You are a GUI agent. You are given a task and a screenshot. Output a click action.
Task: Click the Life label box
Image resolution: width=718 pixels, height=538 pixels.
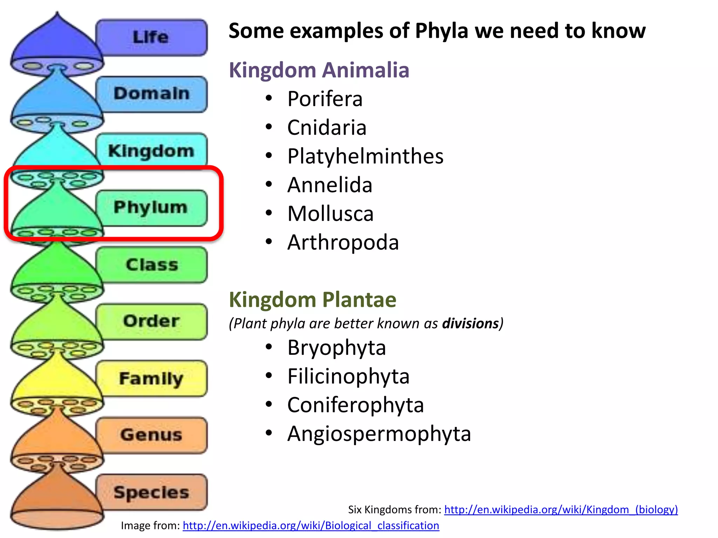(x=151, y=37)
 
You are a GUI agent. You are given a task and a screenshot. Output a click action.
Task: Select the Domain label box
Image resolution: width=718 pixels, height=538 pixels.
(x=151, y=94)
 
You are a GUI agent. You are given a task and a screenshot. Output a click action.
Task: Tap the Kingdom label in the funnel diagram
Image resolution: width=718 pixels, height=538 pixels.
(x=151, y=151)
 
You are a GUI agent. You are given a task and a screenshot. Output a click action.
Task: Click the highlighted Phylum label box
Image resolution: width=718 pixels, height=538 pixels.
(x=151, y=207)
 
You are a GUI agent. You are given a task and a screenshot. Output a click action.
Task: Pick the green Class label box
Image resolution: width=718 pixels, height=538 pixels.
(x=151, y=264)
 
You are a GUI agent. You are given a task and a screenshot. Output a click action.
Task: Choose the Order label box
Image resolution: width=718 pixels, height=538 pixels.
(x=151, y=321)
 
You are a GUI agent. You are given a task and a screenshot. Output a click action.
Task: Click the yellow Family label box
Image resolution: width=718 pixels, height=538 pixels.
(x=151, y=378)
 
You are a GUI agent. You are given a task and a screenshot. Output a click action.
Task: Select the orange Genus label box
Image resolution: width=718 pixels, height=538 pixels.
(x=151, y=435)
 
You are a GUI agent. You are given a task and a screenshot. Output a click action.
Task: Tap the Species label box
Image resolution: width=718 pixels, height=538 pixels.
(x=151, y=492)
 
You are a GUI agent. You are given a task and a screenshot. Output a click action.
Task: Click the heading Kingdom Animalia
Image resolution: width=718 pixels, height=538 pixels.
(x=319, y=70)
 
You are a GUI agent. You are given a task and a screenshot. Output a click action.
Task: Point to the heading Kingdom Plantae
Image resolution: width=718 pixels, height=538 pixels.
(x=312, y=300)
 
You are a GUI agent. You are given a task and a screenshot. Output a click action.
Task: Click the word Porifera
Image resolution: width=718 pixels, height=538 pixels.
(x=325, y=99)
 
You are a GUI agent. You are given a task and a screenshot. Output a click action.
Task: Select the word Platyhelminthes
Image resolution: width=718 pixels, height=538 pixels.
(x=365, y=156)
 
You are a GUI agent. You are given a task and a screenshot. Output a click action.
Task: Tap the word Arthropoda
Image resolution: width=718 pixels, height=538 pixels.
(x=343, y=242)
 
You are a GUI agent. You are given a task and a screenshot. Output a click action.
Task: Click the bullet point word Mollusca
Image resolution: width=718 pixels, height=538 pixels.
(x=330, y=214)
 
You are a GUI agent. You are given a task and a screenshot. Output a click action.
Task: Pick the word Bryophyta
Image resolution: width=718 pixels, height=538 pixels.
(x=337, y=348)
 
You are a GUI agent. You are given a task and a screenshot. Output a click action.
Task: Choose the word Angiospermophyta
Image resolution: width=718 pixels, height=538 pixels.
(x=379, y=434)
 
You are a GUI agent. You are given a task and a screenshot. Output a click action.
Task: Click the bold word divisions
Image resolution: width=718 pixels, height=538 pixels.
(x=470, y=323)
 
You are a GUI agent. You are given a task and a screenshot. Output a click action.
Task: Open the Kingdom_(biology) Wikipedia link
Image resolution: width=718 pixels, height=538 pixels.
(x=561, y=509)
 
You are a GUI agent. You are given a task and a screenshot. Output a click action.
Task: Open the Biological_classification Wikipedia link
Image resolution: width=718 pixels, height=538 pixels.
(x=311, y=526)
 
